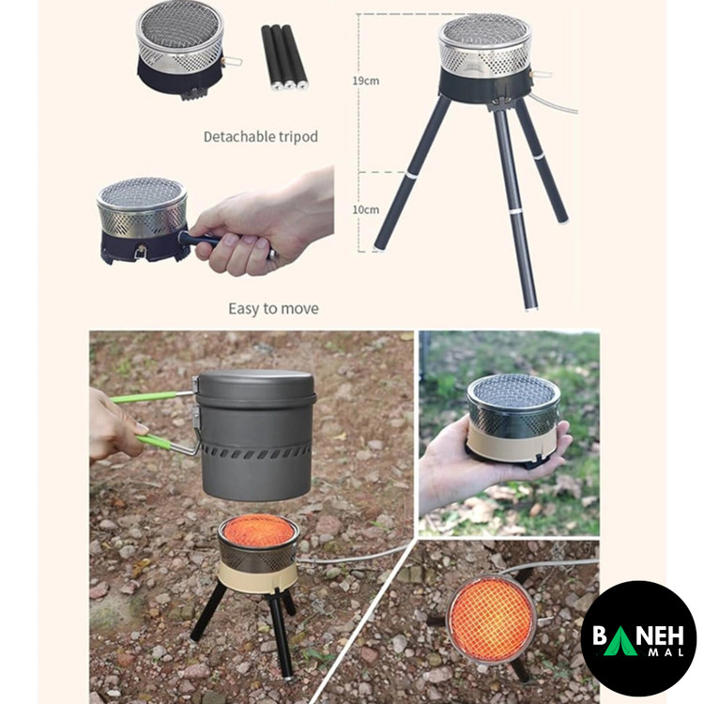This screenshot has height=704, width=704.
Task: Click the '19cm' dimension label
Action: pyautogui.click(x=365, y=81)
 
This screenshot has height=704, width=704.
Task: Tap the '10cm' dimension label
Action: pyautogui.click(x=365, y=209)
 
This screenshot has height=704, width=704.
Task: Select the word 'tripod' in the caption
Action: pyautogui.click(x=297, y=137)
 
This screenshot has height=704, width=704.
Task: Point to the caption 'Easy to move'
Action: pyautogui.click(x=273, y=309)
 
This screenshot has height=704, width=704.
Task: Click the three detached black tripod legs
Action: pyautogui.click(x=284, y=57)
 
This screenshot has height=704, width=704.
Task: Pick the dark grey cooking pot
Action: pyautogui.click(x=255, y=435)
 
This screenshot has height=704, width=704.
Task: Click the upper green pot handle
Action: pyautogui.click(x=149, y=397)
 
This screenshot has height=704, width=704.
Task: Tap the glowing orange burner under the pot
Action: pyautogui.click(x=258, y=531)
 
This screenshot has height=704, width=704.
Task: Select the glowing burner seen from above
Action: pyautogui.click(x=491, y=619)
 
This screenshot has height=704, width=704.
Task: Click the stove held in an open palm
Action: pyautogui.click(x=513, y=421)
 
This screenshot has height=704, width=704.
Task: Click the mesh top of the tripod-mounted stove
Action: pyautogui.click(x=485, y=29)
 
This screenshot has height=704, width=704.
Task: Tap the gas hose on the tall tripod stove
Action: pyautogui.click(x=555, y=102)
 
